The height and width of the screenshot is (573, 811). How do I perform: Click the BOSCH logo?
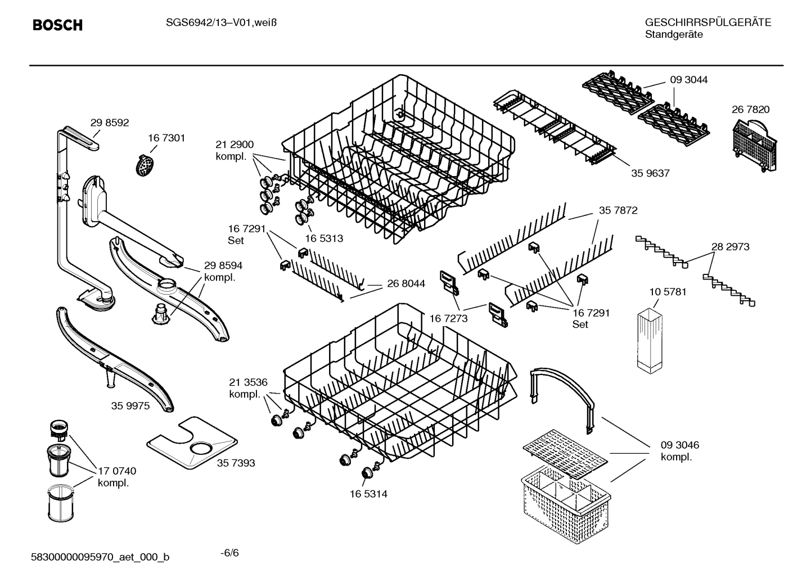[x=57, y=25]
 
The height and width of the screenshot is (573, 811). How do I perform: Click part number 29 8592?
[x=110, y=123]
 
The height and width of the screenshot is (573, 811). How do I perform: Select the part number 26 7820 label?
[x=750, y=110]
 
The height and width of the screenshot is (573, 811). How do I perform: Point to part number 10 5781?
[x=668, y=292]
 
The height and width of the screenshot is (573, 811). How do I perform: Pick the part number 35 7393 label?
[x=236, y=463]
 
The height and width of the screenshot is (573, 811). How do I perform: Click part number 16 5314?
[x=368, y=494]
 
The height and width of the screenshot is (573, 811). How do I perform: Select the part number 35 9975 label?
[x=130, y=405]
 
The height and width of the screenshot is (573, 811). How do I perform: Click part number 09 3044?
[x=688, y=80]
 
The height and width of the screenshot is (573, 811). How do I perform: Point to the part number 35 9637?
[x=650, y=173]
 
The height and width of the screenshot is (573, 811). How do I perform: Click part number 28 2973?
[x=730, y=246]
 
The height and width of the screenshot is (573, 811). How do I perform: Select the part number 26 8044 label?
[x=405, y=283]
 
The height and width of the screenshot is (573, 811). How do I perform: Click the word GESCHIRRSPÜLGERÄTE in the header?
[x=708, y=22]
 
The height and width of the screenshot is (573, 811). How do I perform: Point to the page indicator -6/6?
[x=229, y=552]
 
